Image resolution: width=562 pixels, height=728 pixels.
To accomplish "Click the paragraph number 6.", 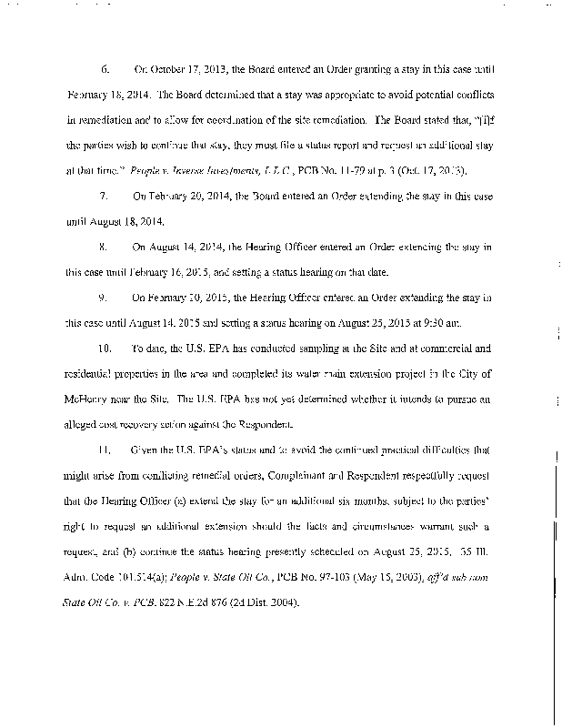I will [x=105, y=69].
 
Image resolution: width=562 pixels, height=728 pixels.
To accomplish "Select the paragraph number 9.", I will [x=105, y=297].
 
